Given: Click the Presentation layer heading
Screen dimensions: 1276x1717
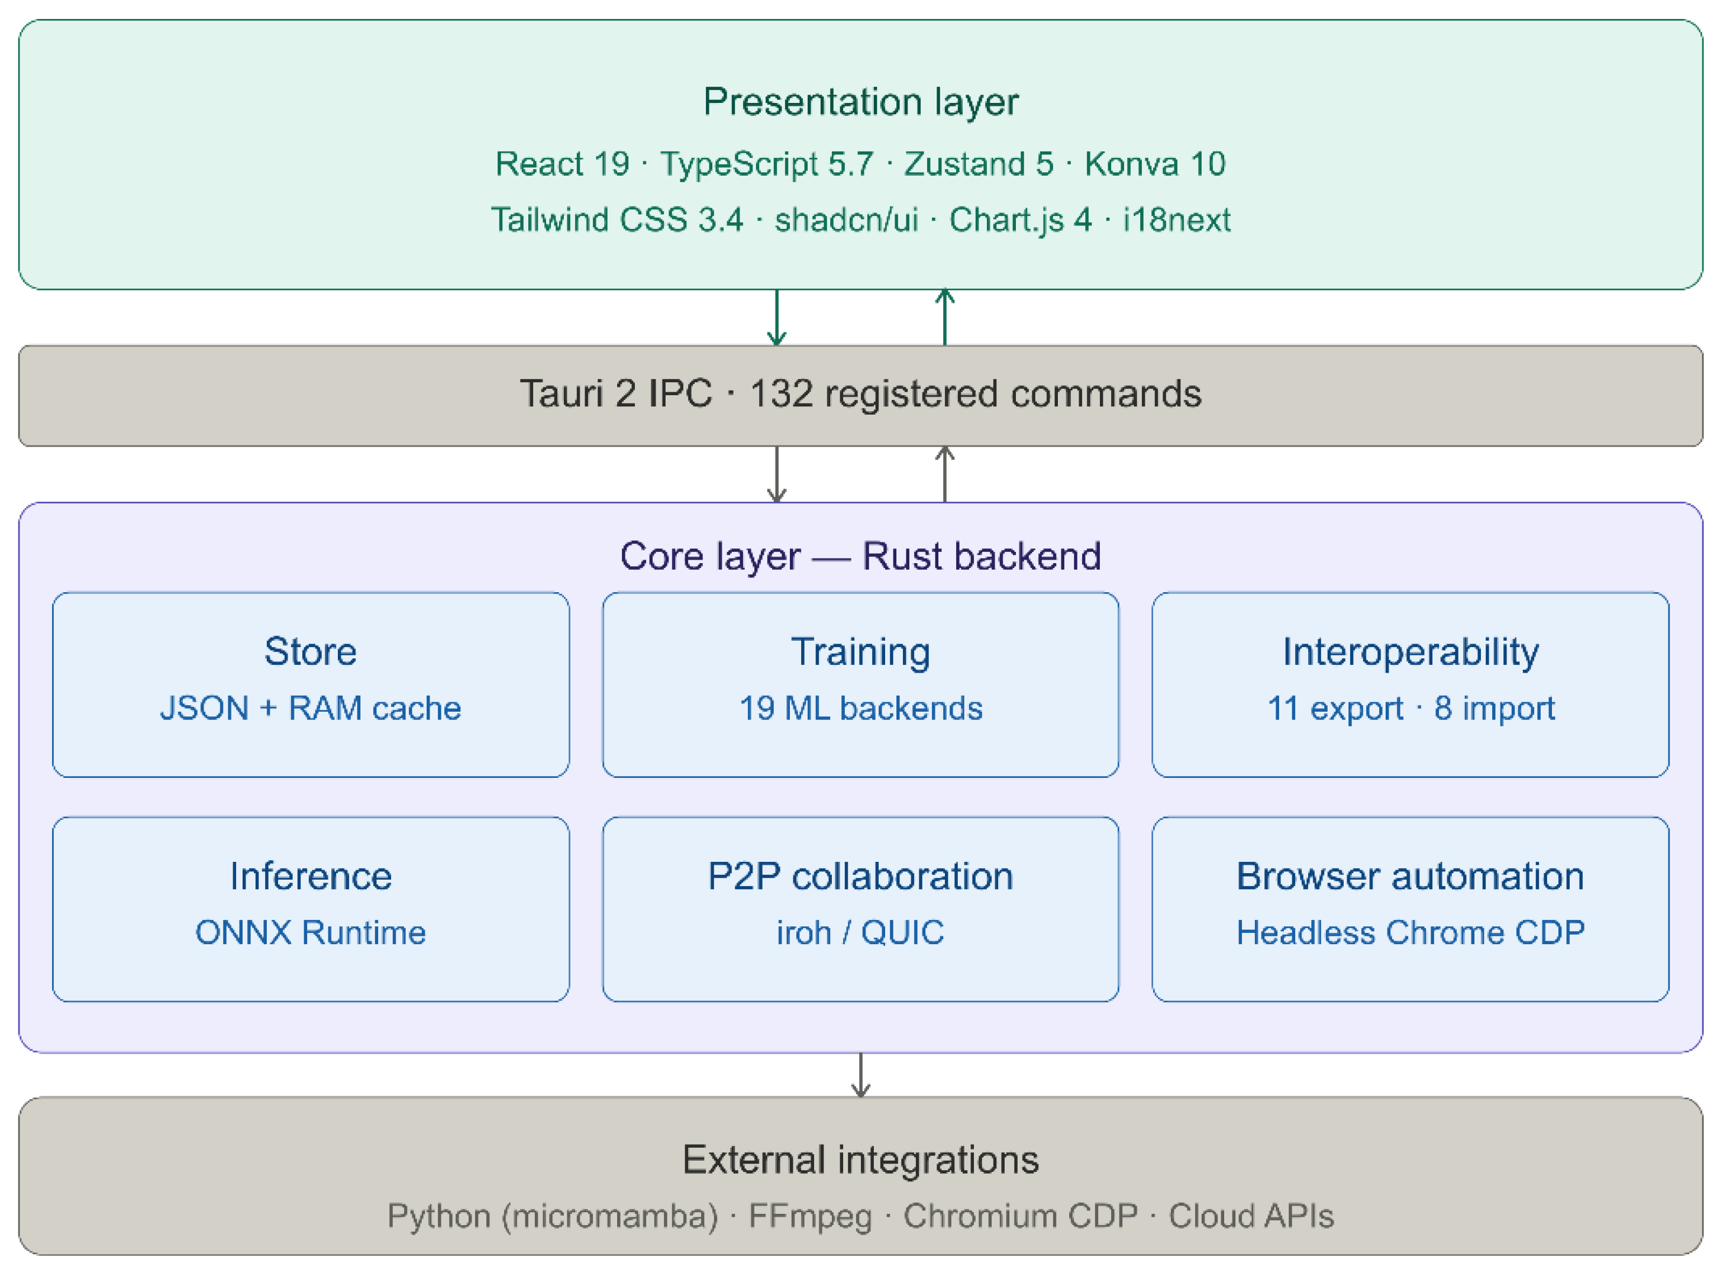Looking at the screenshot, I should click(860, 102).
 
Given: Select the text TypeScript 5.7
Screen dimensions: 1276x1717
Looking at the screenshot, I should click(766, 164).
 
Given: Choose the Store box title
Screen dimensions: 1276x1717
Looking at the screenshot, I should click(311, 651).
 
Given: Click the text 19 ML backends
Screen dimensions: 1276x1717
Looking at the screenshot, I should click(860, 708).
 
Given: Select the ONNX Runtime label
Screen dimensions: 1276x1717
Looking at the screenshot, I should click(311, 932).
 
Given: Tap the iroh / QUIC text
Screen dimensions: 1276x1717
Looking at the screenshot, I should click(860, 932).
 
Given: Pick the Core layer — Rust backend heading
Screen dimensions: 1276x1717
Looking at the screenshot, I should click(860, 556).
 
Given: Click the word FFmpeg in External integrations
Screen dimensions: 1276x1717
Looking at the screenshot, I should click(809, 1216).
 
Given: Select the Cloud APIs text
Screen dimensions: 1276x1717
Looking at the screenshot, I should click(1251, 1216).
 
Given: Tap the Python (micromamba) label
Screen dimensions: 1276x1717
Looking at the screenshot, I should click(552, 1216).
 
